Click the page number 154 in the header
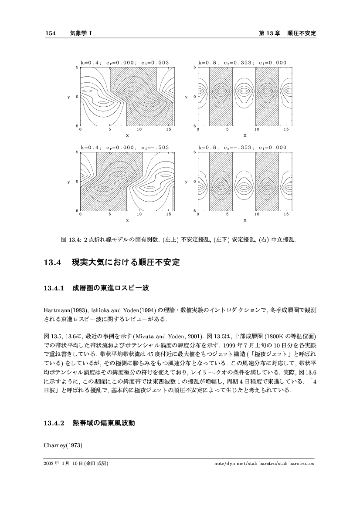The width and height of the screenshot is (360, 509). tap(51, 34)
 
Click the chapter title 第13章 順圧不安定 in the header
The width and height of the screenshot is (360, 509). tap(287, 34)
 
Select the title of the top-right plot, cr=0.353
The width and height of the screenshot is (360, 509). tap(242, 63)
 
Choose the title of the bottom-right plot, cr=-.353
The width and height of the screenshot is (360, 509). tap(242, 148)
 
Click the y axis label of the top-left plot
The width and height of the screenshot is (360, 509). tap(68, 97)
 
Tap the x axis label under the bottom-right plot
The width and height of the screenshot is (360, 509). tap(245, 220)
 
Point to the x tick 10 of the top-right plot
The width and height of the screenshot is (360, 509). tap(257, 129)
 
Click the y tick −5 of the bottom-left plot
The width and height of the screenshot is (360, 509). tap(76, 211)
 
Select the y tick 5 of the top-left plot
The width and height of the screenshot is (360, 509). tap(77, 67)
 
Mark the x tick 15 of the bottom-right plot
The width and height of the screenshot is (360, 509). tap(286, 214)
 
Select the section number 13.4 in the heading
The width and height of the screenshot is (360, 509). tap(51, 263)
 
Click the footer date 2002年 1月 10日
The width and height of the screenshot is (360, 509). tap(64, 464)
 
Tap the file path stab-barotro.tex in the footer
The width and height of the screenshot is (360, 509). tap(295, 464)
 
